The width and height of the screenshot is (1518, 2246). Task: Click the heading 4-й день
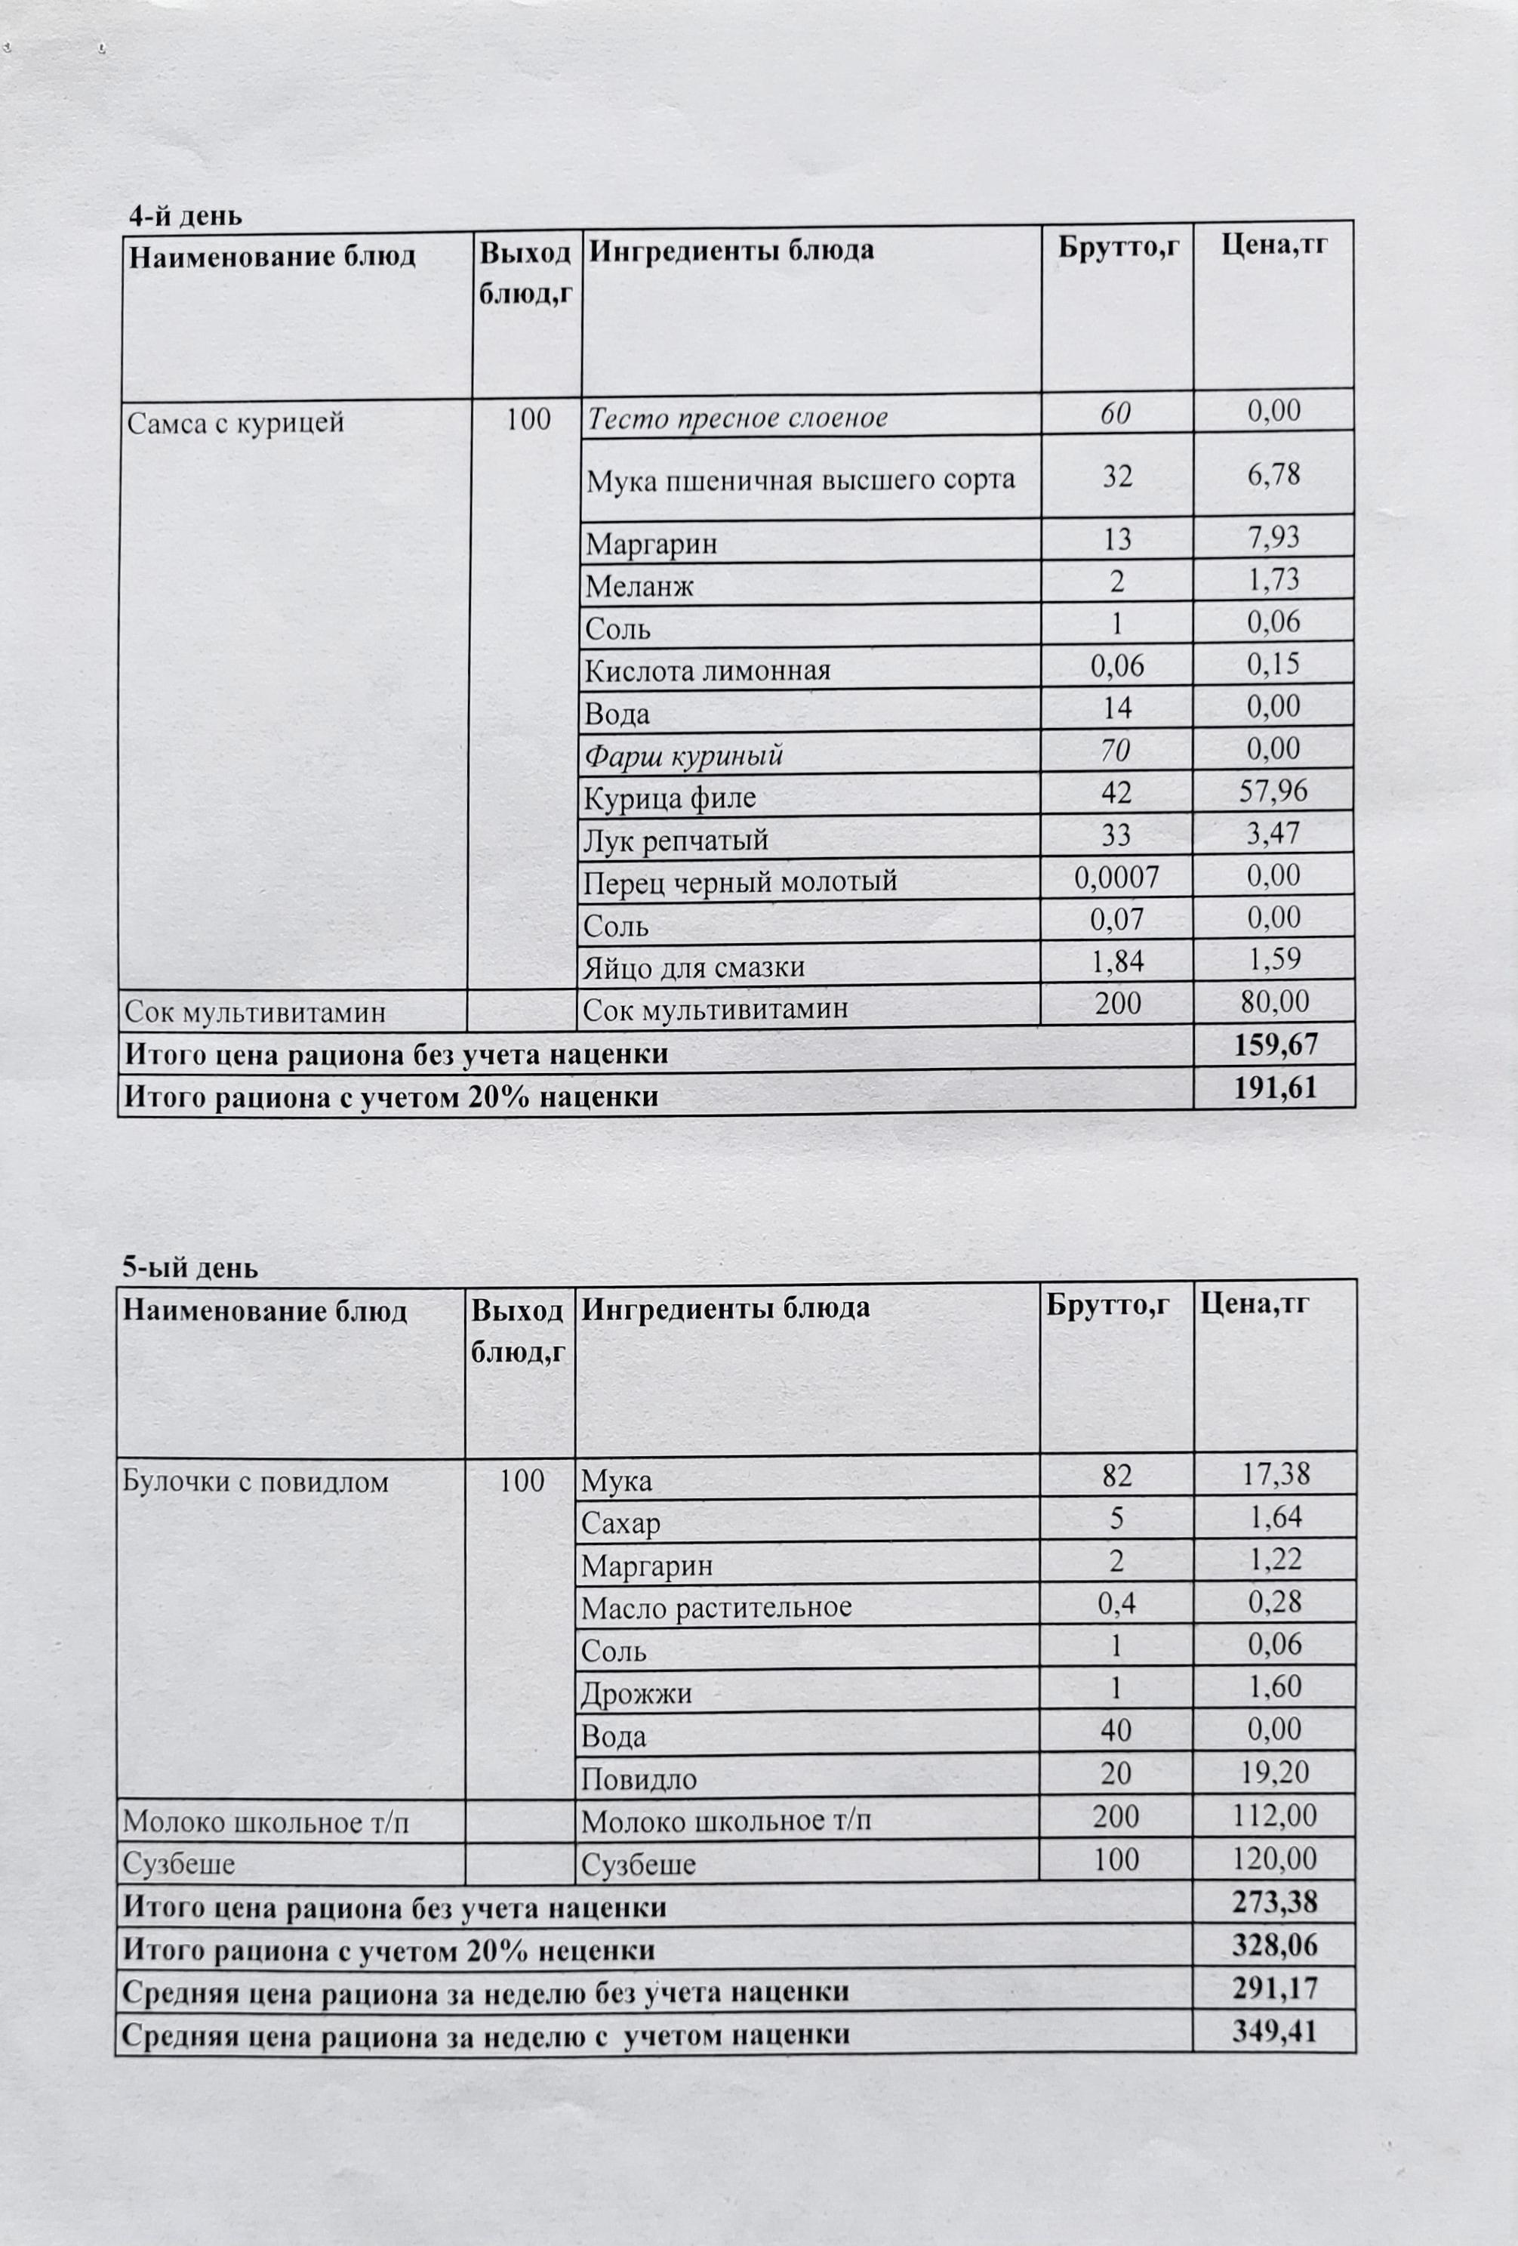[186, 215]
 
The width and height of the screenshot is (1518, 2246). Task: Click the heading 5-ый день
[189, 1267]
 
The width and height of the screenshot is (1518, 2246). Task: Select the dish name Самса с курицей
[236, 424]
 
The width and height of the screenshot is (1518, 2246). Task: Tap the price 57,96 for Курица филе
[1273, 791]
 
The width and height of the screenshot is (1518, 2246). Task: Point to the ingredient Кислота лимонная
[707, 670]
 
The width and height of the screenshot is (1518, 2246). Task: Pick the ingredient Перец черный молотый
[741, 881]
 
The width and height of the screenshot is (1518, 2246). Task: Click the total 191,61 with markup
[1276, 1088]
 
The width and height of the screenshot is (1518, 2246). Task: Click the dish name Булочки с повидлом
[255, 1482]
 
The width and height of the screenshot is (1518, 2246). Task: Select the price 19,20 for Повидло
[1273, 1772]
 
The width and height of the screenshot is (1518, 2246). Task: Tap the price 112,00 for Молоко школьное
[1273, 1815]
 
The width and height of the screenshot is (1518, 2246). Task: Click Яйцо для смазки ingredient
[694, 967]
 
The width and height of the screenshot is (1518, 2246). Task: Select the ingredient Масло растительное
[716, 1607]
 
